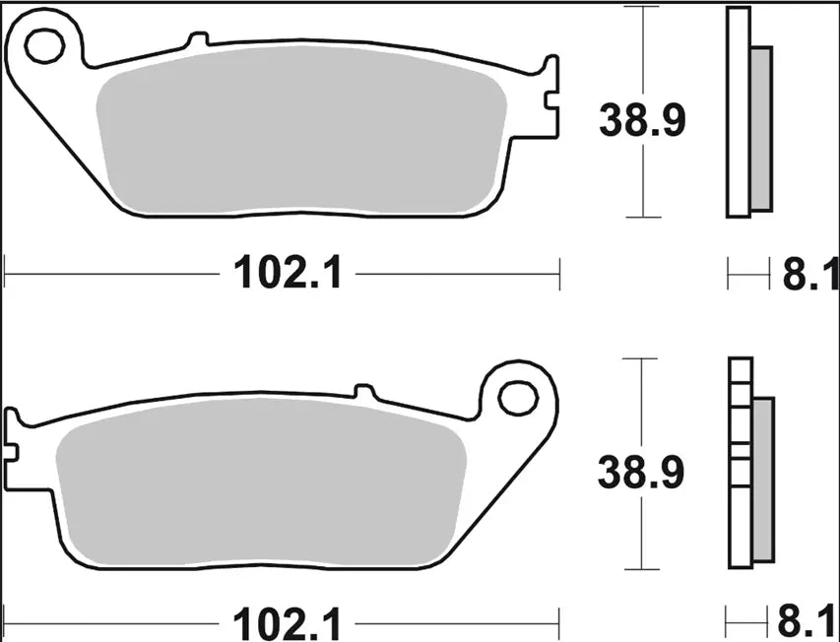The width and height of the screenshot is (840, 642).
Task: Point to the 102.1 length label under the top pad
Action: click(288, 273)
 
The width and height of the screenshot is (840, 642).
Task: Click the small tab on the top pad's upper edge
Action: click(197, 40)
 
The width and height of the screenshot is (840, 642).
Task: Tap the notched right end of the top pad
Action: click(549, 98)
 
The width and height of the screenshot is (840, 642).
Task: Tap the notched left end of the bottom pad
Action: click(14, 438)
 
